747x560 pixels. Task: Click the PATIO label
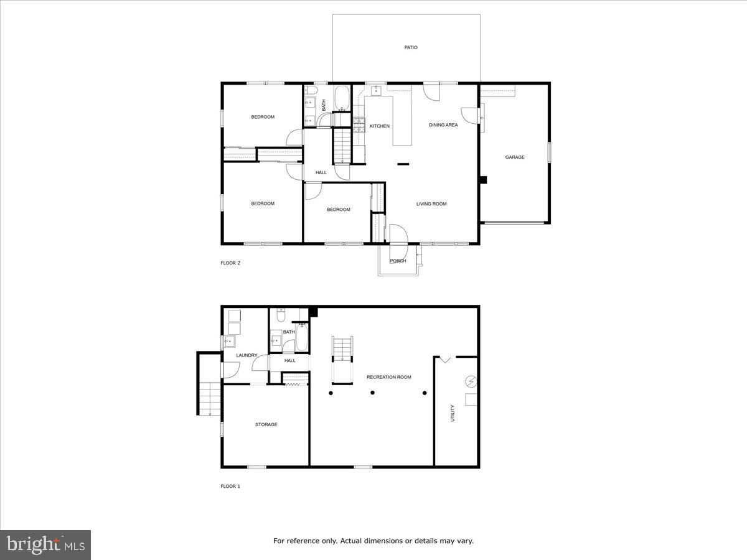[x=410, y=47]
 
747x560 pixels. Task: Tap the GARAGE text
[x=514, y=157]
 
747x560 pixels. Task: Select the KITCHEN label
[x=379, y=126]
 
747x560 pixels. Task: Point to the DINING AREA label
[x=443, y=125]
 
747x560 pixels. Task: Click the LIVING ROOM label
[x=431, y=204]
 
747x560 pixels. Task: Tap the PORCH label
[x=398, y=261]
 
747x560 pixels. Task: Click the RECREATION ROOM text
[x=388, y=377]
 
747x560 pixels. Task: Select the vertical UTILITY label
[x=453, y=413]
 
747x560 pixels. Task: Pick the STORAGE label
[x=266, y=424]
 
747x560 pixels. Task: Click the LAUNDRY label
[x=247, y=355]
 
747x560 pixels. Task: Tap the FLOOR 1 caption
[x=230, y=486]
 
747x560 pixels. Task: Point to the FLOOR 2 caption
[x=230, y=263]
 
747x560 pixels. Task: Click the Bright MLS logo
[x=45, y=545]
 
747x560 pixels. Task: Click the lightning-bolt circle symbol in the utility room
[x=470, y=381]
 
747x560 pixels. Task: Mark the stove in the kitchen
[x=359, y=125]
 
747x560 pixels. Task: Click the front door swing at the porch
[x=397, y=233]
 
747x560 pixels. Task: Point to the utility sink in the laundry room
[x=229, y=341]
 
